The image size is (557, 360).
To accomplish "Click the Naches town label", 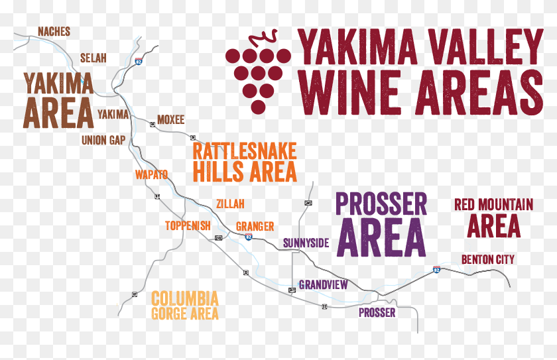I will click(54, 32).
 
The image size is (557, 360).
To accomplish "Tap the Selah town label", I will click(93, 58).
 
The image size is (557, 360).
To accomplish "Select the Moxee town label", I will click(170, 120).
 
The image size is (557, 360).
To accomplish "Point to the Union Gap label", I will click(103, 140).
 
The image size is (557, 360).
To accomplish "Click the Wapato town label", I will click(151, 174).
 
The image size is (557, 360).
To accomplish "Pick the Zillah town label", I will click(230, 204).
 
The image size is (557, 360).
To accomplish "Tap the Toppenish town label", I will click(188, 225).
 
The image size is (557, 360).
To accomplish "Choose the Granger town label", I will click(255, 226).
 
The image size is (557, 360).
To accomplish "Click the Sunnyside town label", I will click(306, 243).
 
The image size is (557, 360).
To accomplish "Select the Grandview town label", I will click(323, 285).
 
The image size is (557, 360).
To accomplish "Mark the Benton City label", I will click(487, 259).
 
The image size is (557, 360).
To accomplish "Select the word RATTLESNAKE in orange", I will click(244, 150).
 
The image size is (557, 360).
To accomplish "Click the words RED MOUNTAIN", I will click(493, 204).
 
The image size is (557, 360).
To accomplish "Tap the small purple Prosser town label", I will click(377, 312).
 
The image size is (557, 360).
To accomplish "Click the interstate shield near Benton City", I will click(436, 270).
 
